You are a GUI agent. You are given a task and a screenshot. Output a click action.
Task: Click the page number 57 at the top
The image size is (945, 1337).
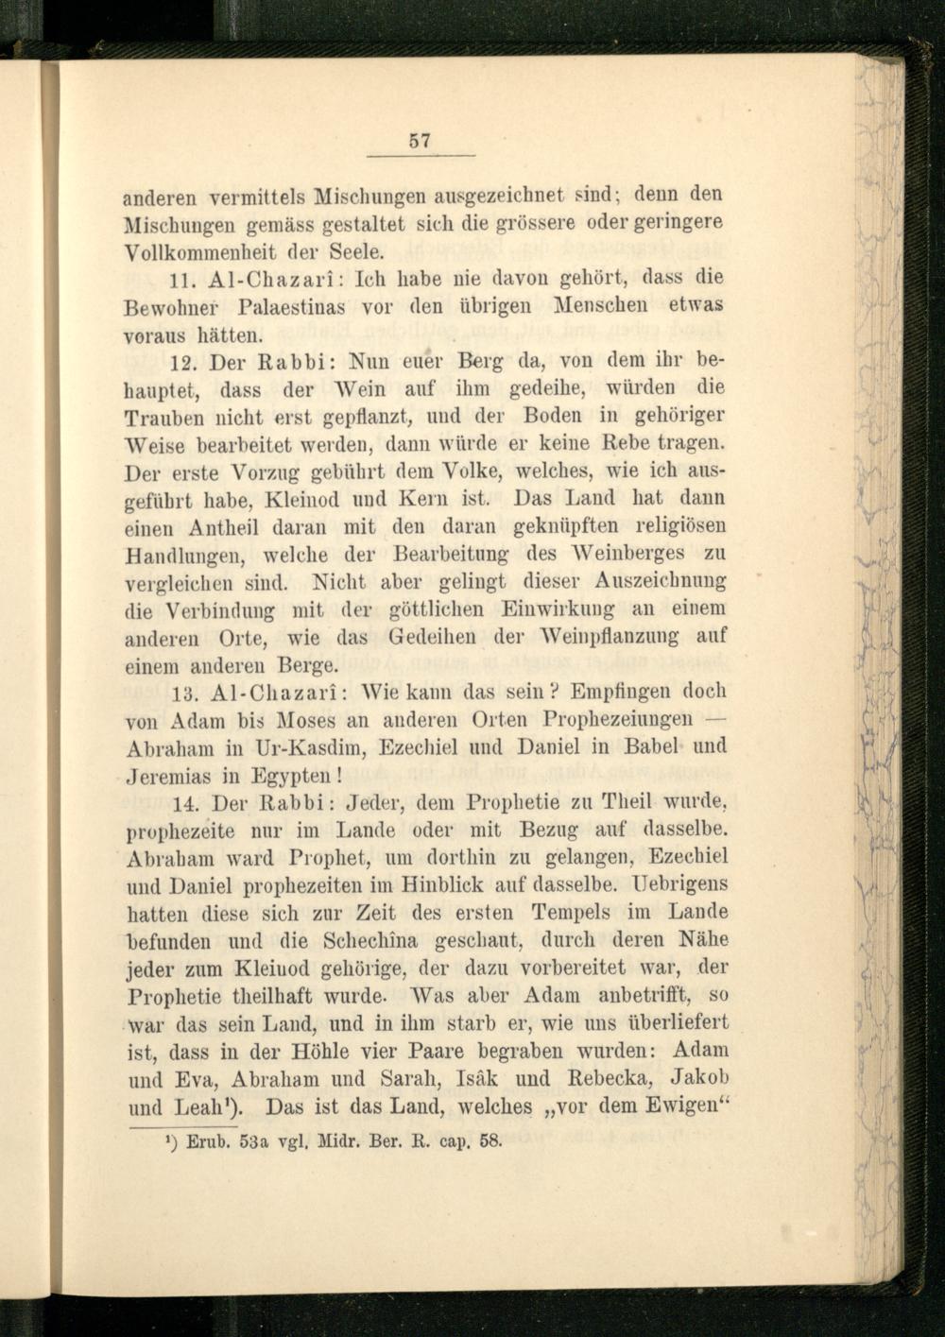420,141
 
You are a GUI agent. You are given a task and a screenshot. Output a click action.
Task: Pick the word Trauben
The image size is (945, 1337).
160,417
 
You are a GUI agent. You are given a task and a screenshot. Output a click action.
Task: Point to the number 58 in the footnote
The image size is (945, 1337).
490,1140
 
